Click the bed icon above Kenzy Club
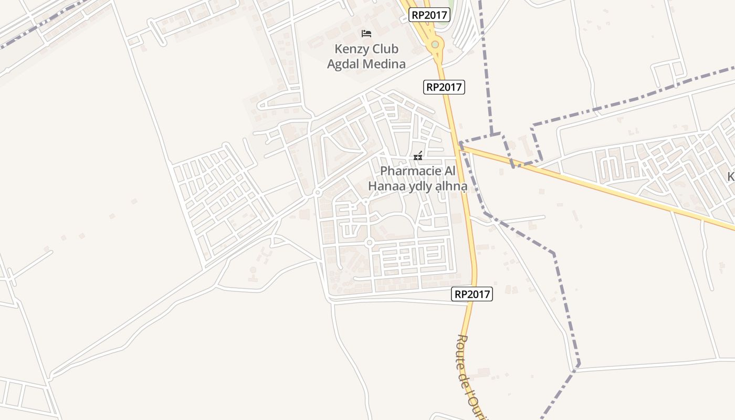point(366,34)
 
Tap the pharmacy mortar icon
point(418,156)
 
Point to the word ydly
point(420,186)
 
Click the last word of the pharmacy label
point(450,186)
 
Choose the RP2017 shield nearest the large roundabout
point(429,15)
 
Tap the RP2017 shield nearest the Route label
point(472,294)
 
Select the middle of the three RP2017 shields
point(444,87)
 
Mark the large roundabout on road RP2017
point(435,45)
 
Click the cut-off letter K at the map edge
point(731,177)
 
